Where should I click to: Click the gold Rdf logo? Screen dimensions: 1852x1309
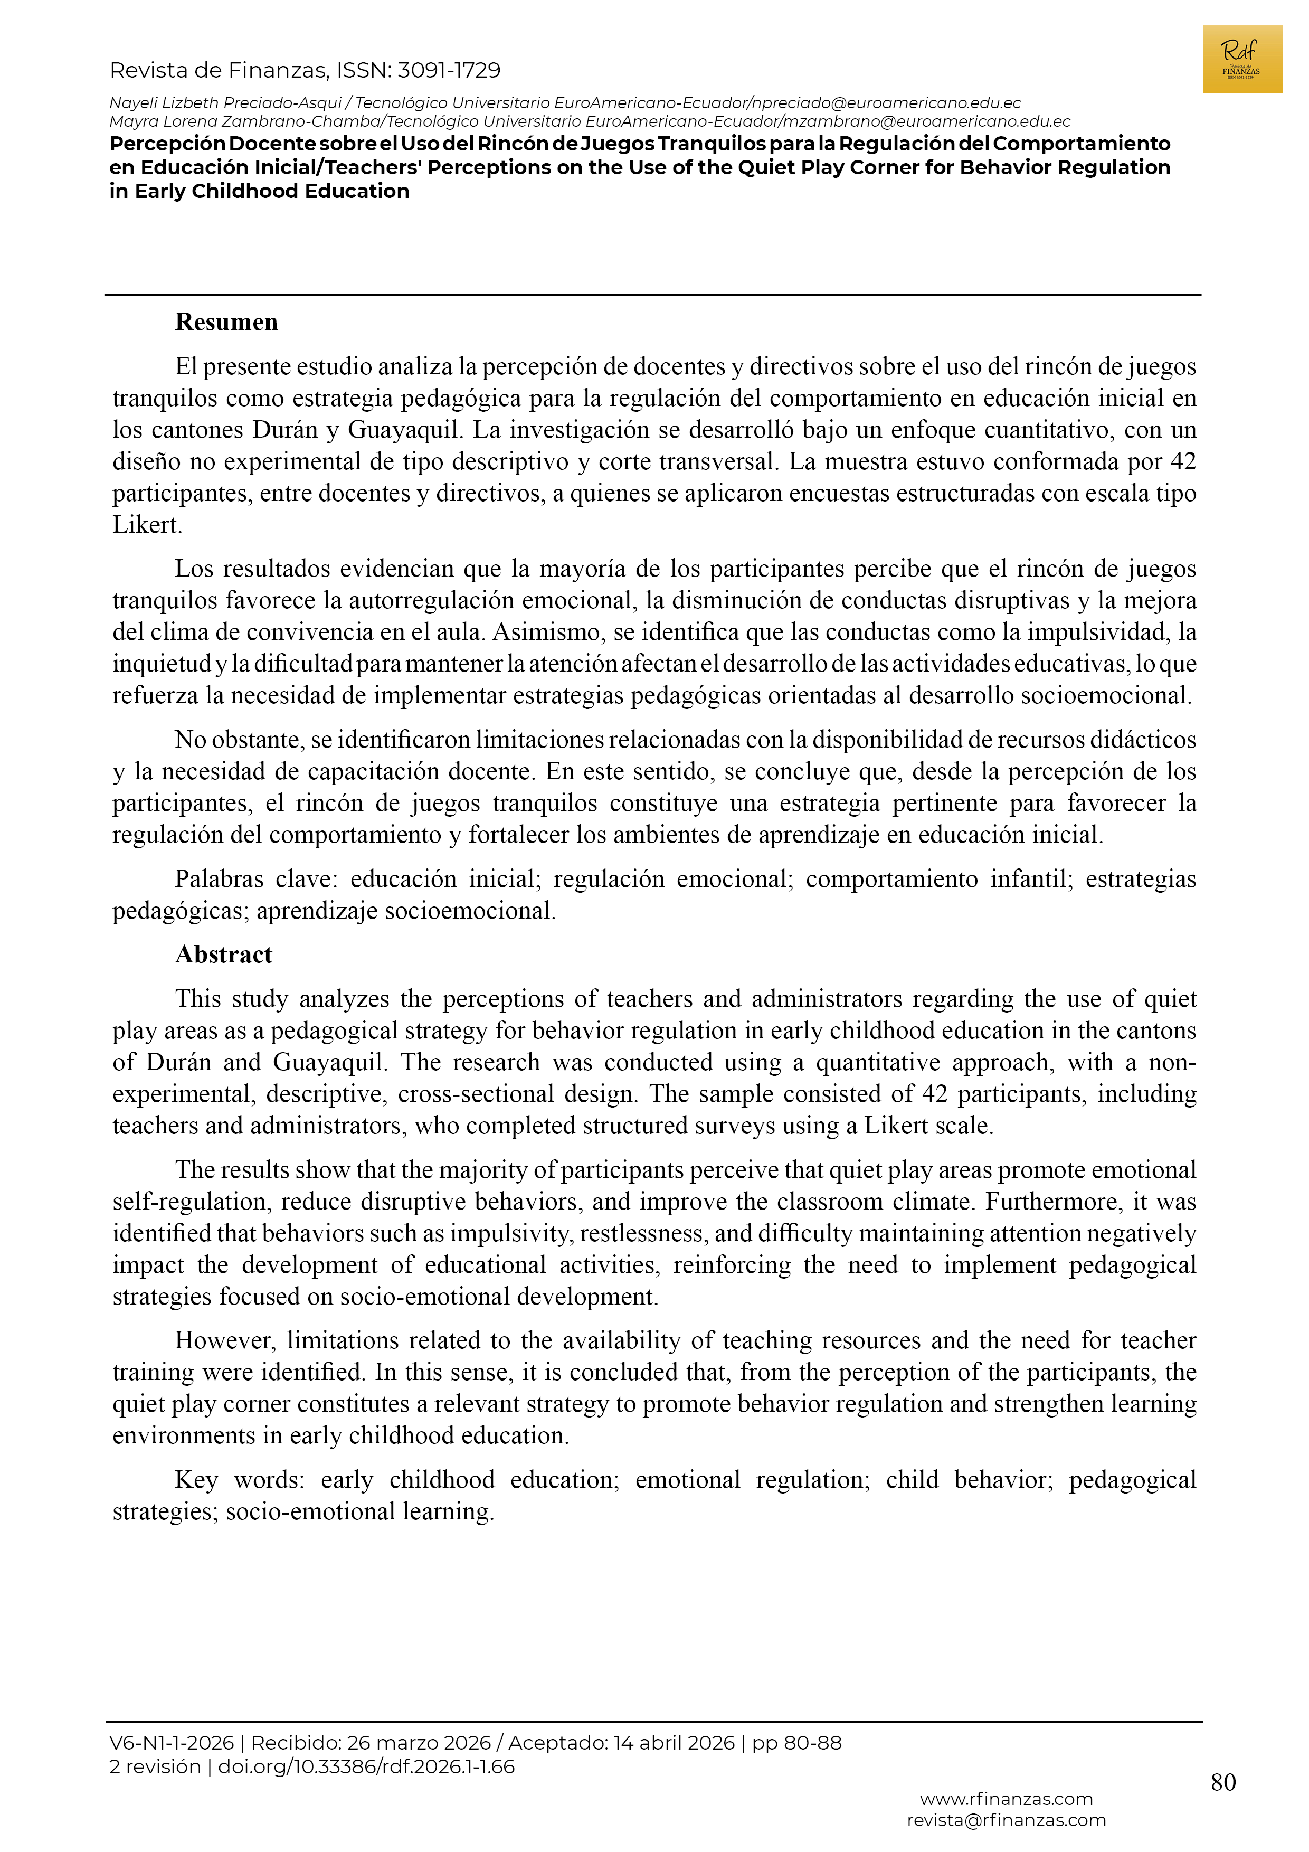pyautogui.click(x=1241, y=59)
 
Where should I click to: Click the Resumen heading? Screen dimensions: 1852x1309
pyautogui.click(x=226, y=322)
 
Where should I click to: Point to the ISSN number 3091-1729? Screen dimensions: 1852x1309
pyautogui.click(x=449, y=71)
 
